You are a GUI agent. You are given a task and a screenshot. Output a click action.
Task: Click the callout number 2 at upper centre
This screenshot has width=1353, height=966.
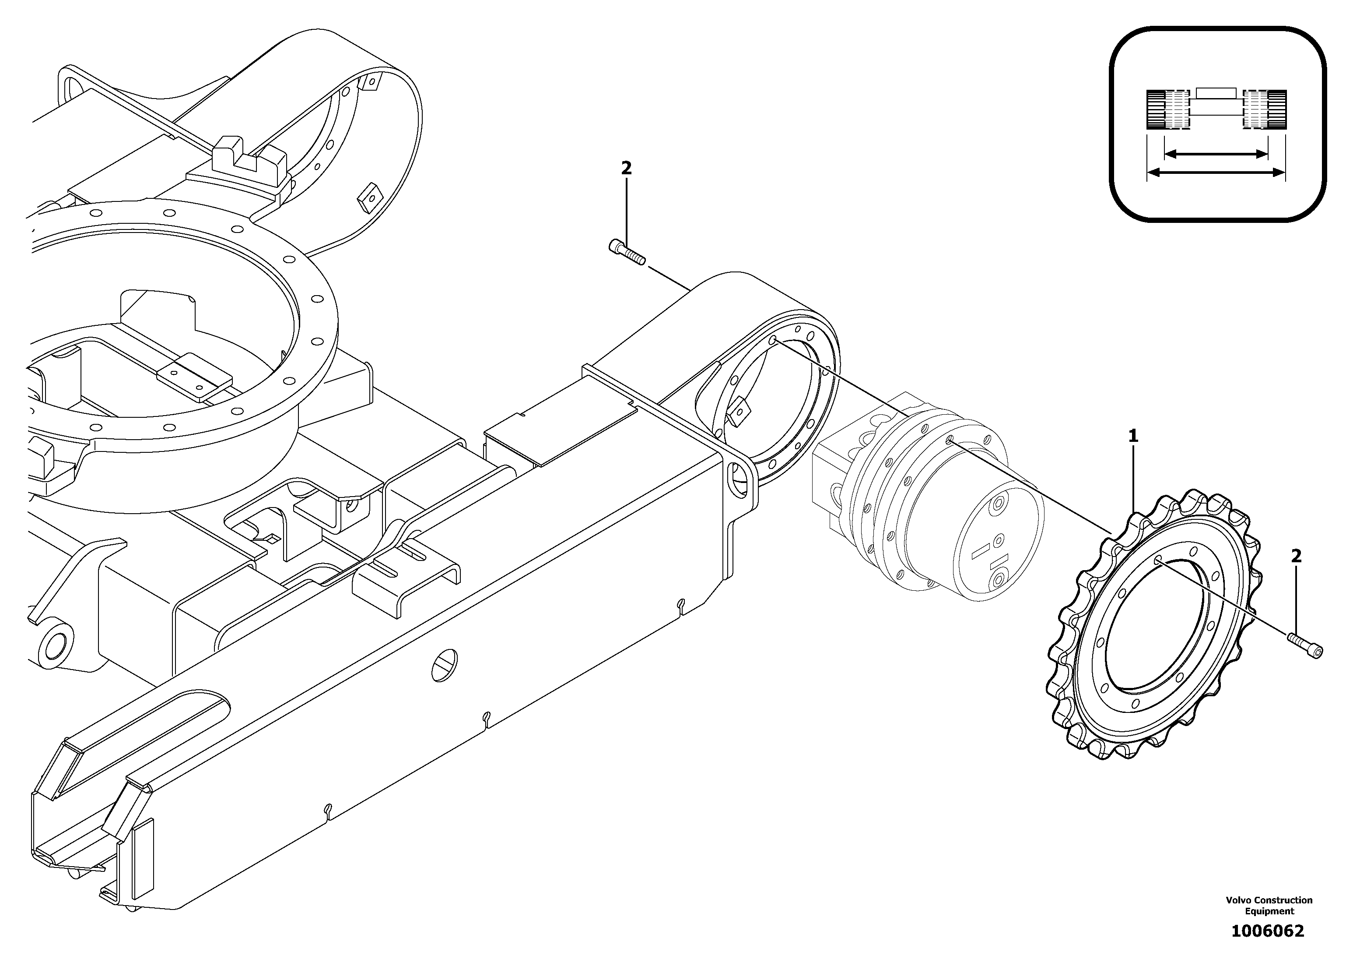click(x=626, y=168)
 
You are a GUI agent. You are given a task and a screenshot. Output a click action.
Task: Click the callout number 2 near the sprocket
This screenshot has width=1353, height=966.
click(x=1296, y=556)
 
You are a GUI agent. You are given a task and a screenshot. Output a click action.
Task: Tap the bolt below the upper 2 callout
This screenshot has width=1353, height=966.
click(x=627, y=254)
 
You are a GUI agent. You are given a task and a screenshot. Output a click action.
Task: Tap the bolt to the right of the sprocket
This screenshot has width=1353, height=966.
click(x=1305, y=645)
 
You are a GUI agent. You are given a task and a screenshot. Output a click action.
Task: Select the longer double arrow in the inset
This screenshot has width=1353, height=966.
click(x=1216, y=173)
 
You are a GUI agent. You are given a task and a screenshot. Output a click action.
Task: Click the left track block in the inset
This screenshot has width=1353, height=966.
click(x=1167, y=109)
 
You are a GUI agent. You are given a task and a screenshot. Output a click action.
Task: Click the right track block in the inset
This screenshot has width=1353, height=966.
click(x=1265, y=109)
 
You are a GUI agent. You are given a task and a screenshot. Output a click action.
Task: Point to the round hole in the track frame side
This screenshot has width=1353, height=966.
click(x=445, y=665)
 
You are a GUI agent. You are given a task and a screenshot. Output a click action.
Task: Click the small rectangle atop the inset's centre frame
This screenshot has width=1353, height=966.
click(x=1216, y=93)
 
